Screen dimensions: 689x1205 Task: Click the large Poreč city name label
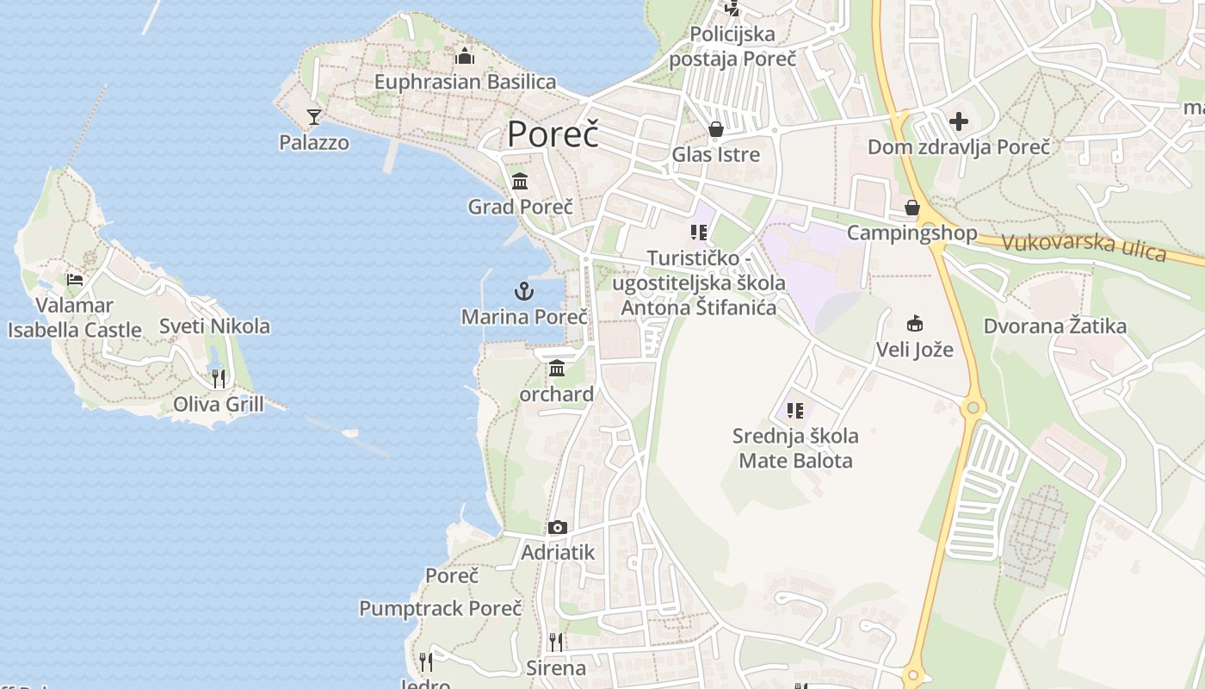coord(552,135)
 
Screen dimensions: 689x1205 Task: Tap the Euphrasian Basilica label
coord(465,82)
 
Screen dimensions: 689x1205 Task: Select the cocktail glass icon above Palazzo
coord(314,116)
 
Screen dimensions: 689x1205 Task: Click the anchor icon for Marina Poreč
coord(524,291)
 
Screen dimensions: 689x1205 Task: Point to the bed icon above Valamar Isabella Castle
coord(75,279)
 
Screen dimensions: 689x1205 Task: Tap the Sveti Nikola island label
coord(214,326)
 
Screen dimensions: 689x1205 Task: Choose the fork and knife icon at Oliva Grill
coord(219,378)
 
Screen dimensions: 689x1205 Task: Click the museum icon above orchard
coord(557,369)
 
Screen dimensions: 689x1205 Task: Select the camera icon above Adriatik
coord(558,527)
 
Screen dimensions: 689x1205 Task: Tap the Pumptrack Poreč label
coord(441,608)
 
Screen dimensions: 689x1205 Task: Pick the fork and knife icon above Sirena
coord(556,642)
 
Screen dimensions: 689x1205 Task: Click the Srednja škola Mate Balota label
coord(795,448)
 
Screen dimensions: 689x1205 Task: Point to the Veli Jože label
coord(914,350)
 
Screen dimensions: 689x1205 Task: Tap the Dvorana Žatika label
coord(1054,326)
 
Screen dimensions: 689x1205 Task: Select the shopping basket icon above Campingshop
coord(912,208)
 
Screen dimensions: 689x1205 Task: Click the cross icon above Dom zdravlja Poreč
coord(959,121)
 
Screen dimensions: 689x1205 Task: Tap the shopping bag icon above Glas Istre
coord(715,129)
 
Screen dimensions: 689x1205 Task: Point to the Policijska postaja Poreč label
coord(732,47)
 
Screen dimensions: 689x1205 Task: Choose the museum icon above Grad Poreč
coord(520,182)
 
